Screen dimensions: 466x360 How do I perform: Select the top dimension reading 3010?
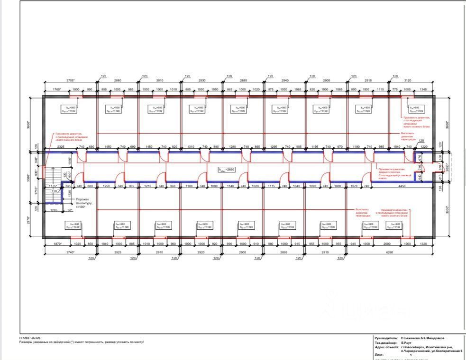pyautogui.click(x=159, y=81)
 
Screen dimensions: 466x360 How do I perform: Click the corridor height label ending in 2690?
pyautogui.click(x=227, y=169)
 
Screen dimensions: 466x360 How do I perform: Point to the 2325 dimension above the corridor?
pyautogui.click(x=61, y=147)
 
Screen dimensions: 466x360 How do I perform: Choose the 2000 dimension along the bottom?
pyautogui.click(x=387, y=243)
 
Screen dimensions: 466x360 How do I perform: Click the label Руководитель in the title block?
pyautogui.click(x=386, y=338)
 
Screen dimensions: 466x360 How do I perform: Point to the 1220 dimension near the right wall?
pyautogui.click(x=424, y=147)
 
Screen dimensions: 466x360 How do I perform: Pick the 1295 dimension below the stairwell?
pyautogui.click(x=54, y=210)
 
